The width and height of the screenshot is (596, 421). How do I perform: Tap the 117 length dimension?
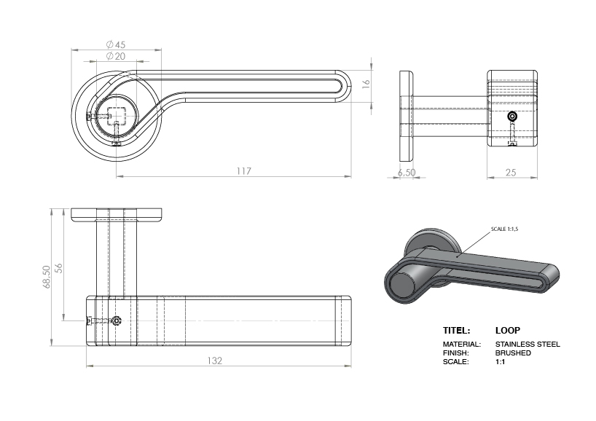tap(243, 171)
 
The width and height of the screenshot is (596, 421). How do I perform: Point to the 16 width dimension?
tap(366, 84)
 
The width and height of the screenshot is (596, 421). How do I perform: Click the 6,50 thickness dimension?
tap(406, 173)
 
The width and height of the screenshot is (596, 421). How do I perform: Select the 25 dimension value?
tap(511, 173)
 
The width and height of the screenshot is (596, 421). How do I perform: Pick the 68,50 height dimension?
tap(47, 276)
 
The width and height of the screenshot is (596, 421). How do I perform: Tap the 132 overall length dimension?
tap(214, 361)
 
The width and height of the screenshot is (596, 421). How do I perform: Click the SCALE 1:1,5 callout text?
tap(508, 229)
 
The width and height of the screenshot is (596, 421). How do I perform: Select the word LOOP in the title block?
tap(508, 330)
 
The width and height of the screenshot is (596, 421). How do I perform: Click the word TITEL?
tap(456, 330)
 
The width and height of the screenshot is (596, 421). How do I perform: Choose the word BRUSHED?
tap(513, 353)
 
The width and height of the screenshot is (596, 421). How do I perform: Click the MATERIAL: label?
tap(462, 344)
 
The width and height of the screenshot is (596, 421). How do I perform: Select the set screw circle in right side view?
tap(513, 117)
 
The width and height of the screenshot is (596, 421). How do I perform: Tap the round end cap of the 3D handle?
tap(403, 283)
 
